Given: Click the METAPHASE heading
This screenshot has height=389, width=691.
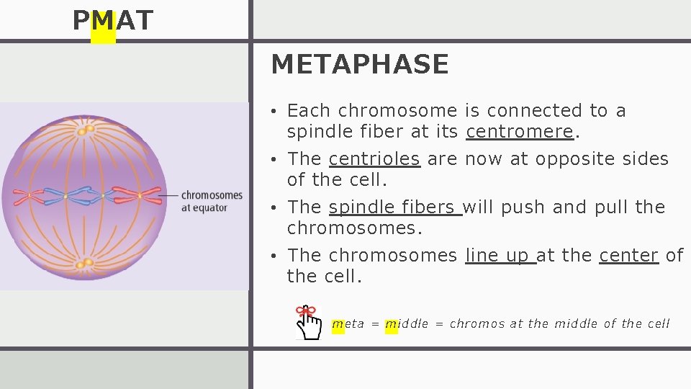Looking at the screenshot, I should point(359,65).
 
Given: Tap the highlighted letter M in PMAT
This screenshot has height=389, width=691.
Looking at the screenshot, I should point(103,22).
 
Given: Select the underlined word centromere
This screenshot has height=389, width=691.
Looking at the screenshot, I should point(520,132).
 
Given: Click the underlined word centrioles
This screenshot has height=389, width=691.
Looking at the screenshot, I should point(374,158).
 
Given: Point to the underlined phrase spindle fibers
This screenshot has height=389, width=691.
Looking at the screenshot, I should point(394,207).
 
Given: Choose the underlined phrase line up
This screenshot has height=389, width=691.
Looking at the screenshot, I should point(500,255).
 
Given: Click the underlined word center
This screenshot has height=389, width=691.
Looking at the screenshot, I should point(628,255).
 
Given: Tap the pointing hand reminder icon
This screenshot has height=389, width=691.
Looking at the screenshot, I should point(309,321).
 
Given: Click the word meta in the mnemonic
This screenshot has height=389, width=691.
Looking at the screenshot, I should point(348,324).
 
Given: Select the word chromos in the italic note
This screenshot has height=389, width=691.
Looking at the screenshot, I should point(477,324).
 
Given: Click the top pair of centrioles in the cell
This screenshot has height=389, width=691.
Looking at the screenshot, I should point(86,130).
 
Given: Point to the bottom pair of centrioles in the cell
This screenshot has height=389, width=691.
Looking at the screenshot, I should point(86,263).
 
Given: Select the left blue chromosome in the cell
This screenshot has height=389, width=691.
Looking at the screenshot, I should point(65,195).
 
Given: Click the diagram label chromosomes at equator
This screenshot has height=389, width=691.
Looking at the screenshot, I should point(211,201).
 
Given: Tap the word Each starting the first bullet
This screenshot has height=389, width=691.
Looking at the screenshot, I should point(308,110).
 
